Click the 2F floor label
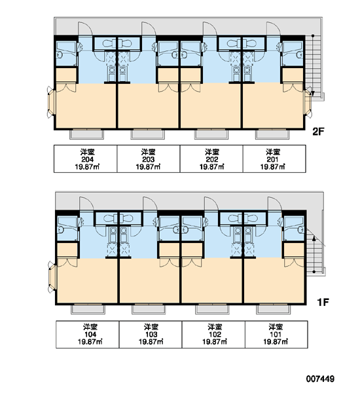(x=318, y=132)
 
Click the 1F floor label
(x=323, y=303)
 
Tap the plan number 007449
(x=320, y=379)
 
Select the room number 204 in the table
(x=88, y=159)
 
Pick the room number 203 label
(x=149, y=159)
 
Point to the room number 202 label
(x=211, y=159)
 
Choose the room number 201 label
(x=272, y=159)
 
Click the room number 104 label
(x=90, y=334)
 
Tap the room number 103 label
(x=151, y=334)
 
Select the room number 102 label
(x=215, y=334)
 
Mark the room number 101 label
(x=276, y=334)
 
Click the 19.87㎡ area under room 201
(x=272, y=166)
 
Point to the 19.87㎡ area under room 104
(x=90, y=342)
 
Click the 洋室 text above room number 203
(x=149, y=152)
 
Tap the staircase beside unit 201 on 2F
(x=313, y=65)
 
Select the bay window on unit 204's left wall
(x=51, y=102)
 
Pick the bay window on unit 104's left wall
(x=52, y=277)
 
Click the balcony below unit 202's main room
(x=211, y=134)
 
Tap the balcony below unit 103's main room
(x=149, y=309)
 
